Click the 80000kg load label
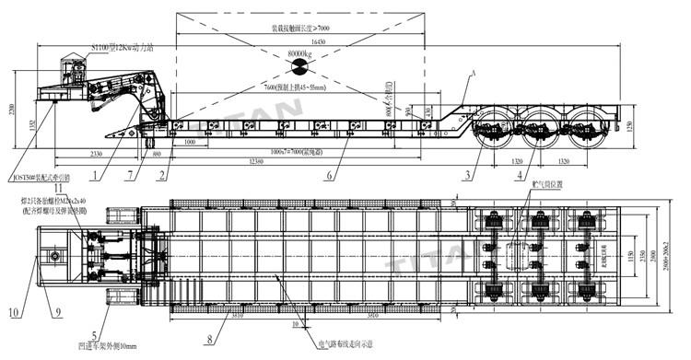click(x=299, y=54)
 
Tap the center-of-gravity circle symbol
click(x=299, y=68)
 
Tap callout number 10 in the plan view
click(x=12, y=311)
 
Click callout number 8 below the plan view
click(x=209, y=339)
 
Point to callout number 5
click(x=94, y=335)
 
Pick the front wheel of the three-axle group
click(x=494, y=130)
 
